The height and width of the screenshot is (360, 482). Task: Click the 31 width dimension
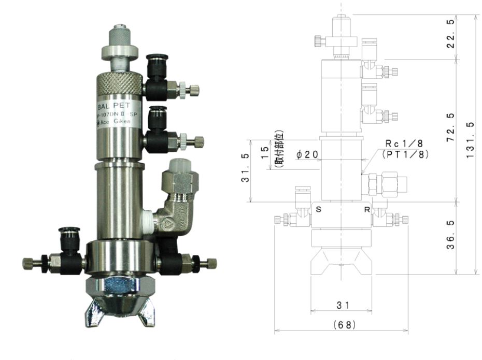[x=342, y=306]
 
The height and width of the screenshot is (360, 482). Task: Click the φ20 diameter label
[x=308, y=154]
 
